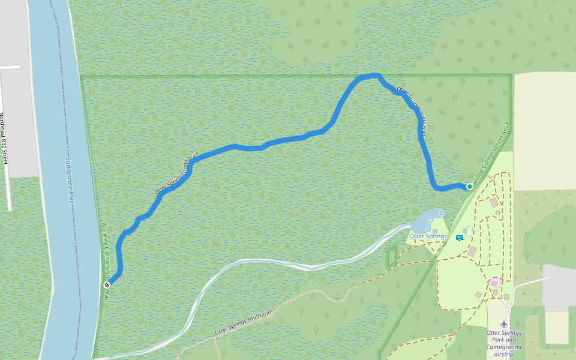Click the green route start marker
(x=469, y=187)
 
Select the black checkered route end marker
(x=107, y=285)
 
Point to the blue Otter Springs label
(x=428, y=236)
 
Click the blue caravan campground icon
(x=459, y=238)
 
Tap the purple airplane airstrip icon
(x=503, y=325)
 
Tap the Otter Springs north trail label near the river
(x=176, y=175)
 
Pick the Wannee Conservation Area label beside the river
(x=105, y=252)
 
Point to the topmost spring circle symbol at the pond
(x=442, y=213)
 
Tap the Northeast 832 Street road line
(x=8, y=192)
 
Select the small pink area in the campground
(x=496, y=282)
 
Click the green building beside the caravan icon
(x=469, y=231)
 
